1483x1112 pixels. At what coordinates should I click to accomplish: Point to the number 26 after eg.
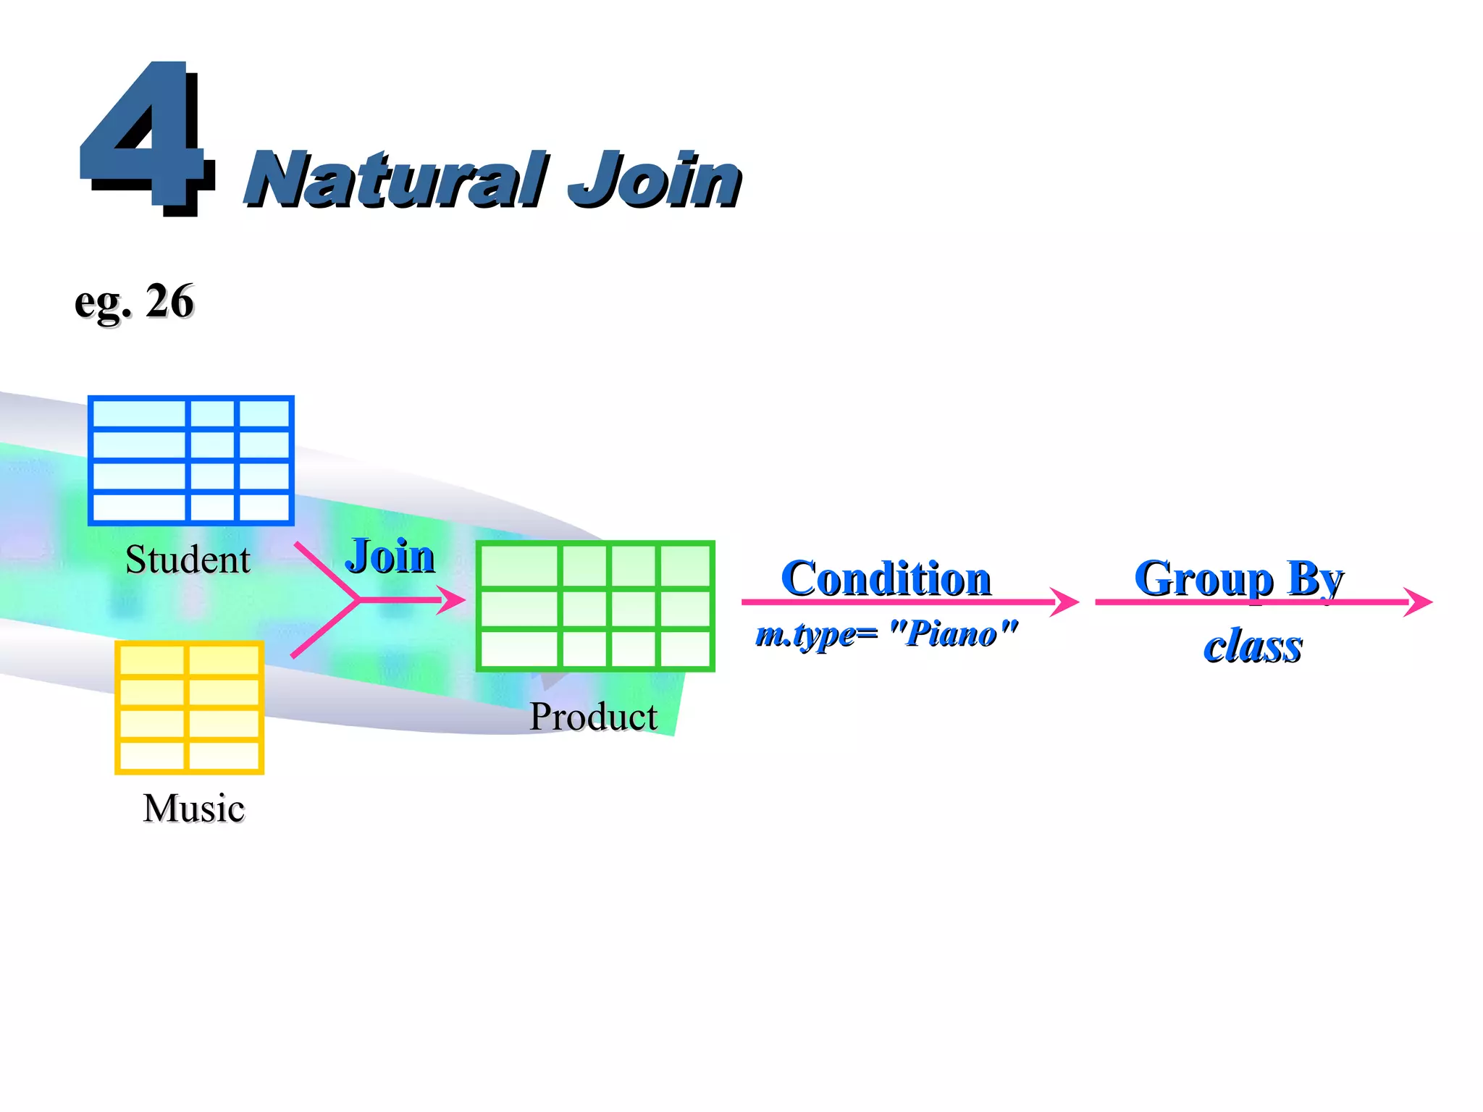click(x=169, y=300)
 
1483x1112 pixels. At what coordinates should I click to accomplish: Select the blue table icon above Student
click(x=190, y=460)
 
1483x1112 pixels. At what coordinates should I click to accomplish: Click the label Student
click(x=188, y=560)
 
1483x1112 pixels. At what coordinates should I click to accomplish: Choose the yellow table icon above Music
click(x=189, y=707)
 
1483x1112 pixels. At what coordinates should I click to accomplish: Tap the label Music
click(x=193, y=808)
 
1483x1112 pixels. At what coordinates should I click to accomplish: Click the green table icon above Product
click(x=595, y=606)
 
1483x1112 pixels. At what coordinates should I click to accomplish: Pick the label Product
click(x=593, y=717)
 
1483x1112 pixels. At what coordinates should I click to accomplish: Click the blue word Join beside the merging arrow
click(x=390, y=556)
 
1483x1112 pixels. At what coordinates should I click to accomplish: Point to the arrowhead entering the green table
click(x=453, y=600)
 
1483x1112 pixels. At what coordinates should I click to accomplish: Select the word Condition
click(x=886, y=578)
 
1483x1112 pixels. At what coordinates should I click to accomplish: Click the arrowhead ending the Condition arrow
click(x=1066, y=602)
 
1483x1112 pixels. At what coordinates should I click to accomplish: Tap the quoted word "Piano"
click(x=952, y=633)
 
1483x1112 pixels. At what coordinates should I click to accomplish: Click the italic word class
click(x=1253, y=646)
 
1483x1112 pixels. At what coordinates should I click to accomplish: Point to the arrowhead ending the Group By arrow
click(x=1419, y=602)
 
